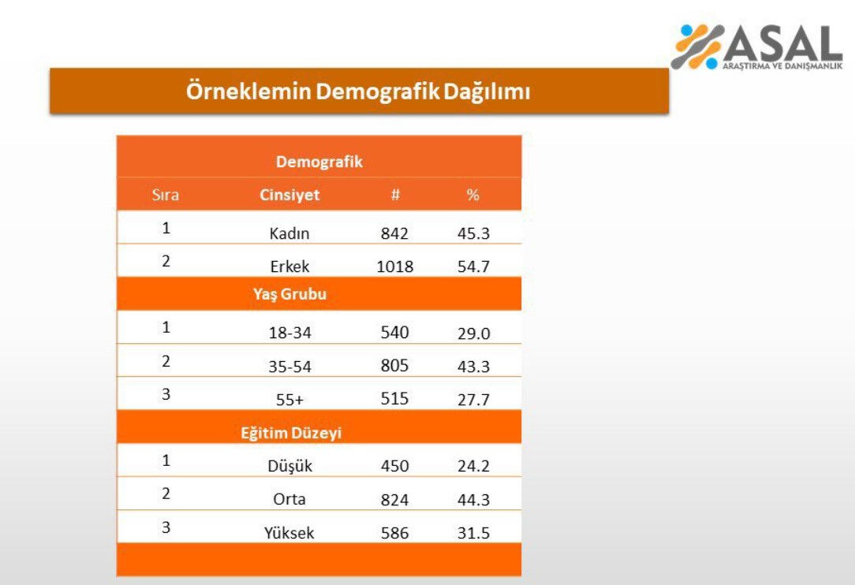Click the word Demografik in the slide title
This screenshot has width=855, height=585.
click(x=377, y=91)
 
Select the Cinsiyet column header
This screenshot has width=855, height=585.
click(x=289, y=195)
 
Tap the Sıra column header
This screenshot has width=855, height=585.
click(x=166, y=195)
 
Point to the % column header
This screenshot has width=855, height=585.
click(x=472, y=195)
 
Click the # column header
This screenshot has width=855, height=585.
click(x=395, y=195)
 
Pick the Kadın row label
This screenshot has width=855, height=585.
click(x=289, y=233)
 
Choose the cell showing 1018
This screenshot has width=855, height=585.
click(x=394, y=266)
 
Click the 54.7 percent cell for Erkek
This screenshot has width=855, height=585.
click(x=473, y=266)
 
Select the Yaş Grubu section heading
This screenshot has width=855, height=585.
click(x=289, y=294)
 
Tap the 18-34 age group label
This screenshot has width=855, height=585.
click(x=289, y=333)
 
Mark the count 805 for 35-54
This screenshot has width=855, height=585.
click(x=394, y=366)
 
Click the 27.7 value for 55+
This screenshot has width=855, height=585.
click(x=473, y=400)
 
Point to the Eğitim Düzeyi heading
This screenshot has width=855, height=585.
click(x=291, y=433)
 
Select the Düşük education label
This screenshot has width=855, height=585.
click(x=289, y=466)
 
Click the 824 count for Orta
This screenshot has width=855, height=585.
click(x=394, y=499)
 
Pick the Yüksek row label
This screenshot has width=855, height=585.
click(x=289, y=533)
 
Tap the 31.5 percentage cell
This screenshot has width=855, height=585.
click(x=473, y=533)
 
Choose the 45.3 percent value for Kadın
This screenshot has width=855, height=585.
click(x=473, y=233)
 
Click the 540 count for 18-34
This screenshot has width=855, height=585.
click(x=394, y=332)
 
